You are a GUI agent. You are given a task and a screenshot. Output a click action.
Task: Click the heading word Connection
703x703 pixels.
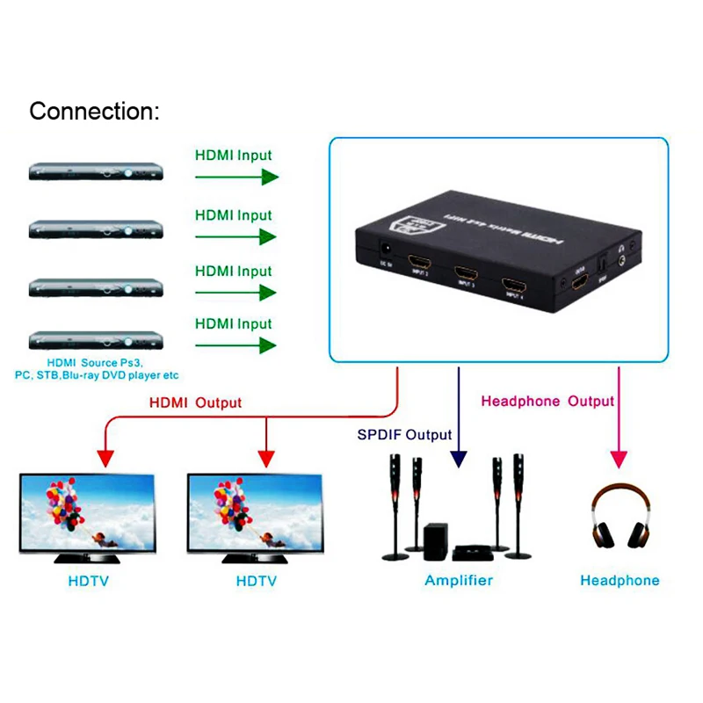coord(94,112)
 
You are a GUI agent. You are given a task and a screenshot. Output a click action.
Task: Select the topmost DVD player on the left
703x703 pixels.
coord(97,172)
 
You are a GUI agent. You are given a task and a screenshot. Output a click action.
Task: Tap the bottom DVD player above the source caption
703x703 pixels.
coord(97,341)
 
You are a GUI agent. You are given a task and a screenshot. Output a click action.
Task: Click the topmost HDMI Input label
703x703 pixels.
coord(233,156)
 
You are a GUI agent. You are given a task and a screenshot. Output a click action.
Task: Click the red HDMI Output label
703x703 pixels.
coord(195,403)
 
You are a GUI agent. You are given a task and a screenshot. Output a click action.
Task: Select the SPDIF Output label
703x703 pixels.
coord(404,435)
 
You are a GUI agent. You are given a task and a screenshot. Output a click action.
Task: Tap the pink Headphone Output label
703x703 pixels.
coord(547,402)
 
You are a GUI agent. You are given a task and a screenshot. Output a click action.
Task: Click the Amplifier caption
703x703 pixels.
coord(459,580)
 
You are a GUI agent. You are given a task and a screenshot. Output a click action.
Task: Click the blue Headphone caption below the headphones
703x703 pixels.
coord(620,580)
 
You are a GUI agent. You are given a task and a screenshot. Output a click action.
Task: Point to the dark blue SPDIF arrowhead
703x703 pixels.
coord(458,459)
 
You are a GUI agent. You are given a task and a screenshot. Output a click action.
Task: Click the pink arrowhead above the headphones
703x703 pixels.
coord(619,458)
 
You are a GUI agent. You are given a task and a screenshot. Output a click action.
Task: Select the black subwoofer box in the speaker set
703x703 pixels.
coord(435,539)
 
